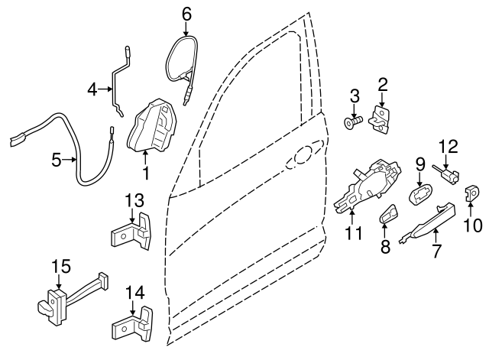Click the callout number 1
pyautogui.click(x=146, y=174)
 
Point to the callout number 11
pyautogui.click(x=352, y=232)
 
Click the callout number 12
pyautogui.click(x=447, y=145)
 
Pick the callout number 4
pyautogui.click(x=92, y=89)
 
